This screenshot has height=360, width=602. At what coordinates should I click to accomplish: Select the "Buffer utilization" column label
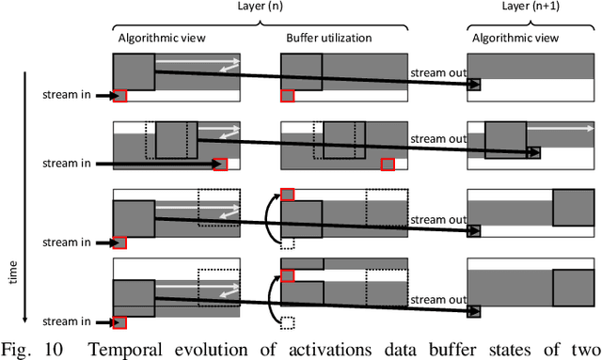pos(329,38)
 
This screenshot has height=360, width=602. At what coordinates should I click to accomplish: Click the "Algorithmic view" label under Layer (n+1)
pos(514,38)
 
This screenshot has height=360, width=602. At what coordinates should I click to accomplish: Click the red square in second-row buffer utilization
pos(388,164)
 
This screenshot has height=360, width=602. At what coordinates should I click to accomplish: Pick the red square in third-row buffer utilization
pos(288,194)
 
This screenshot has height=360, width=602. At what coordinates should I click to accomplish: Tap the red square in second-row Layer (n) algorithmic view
pos(220,164)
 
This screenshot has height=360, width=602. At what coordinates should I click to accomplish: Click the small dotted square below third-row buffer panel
pos(288,244)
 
